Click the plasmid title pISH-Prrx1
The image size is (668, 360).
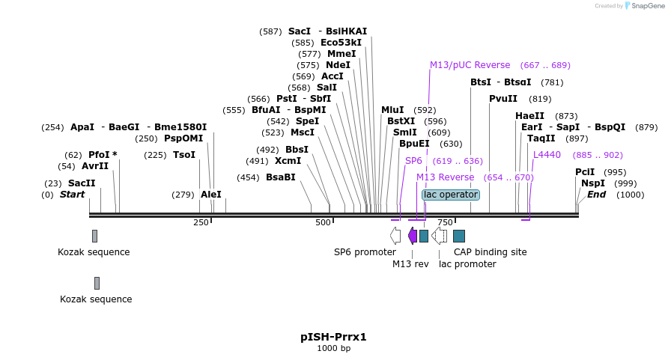coord(333,337)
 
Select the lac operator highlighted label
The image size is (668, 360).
coord(450,195)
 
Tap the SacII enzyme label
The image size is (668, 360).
coord(82,183)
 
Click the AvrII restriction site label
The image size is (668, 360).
coord(94,166)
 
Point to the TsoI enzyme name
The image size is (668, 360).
coord(184,155)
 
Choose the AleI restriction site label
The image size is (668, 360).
coord(211,195)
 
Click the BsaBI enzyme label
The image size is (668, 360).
coord(281,177)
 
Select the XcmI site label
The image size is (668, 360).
coord(288,160)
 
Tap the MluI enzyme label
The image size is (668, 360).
coord(392,110)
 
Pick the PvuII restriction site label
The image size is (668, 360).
coord(503,99)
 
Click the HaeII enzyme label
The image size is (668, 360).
coord(530,116)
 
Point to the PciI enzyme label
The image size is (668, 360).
coord(585,172)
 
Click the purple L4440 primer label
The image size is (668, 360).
coord(547,155)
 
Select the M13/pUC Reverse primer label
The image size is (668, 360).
coord(470,65)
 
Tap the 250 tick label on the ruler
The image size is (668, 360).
coord(201,222)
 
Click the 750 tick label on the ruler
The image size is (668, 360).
coord(445,222)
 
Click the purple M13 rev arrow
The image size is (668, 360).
coord(412,236)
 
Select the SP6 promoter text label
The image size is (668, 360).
coord(365,252)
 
